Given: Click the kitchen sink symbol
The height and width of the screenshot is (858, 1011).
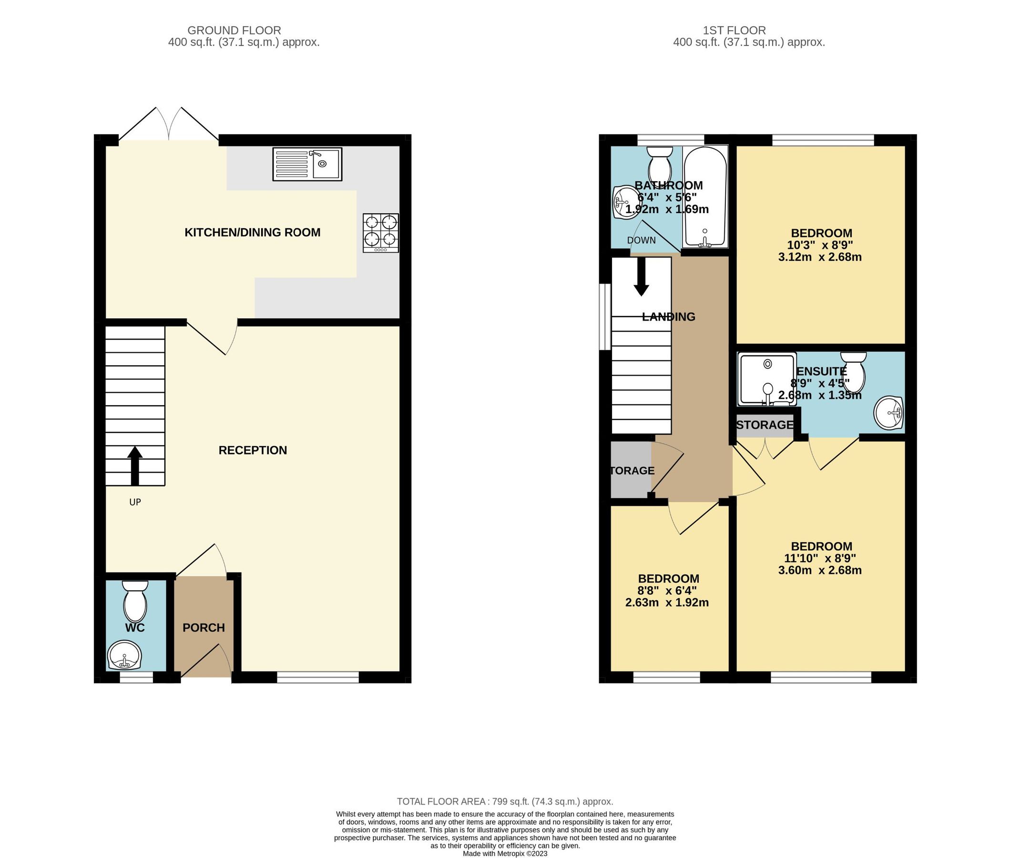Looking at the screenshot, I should coord(307,164).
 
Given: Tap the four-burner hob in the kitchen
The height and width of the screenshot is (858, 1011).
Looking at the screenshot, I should coord(381,233).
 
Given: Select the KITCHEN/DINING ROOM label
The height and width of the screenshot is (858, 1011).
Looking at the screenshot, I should coord(252,233).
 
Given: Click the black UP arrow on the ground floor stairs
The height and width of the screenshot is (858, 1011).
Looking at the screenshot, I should coord(135,466).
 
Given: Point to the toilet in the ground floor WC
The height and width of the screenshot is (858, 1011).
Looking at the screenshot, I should coord(135,601).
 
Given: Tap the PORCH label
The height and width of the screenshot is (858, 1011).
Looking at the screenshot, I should coord(203,627).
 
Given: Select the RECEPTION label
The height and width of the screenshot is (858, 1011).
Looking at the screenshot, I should coord(252,450).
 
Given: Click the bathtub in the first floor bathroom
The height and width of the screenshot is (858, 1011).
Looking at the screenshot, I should coord(705,197).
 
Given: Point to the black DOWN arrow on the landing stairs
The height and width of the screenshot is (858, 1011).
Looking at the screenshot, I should coord(641,276).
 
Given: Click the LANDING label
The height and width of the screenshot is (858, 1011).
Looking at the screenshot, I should coord(668,317).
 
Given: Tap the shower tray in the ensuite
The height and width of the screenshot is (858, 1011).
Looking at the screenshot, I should coord(766,379).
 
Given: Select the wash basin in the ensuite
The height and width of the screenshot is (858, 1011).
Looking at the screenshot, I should coord(888,412).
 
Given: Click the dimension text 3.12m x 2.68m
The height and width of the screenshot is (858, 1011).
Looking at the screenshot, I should coord(819,257).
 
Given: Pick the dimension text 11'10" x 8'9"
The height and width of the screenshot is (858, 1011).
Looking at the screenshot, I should coord(820,558).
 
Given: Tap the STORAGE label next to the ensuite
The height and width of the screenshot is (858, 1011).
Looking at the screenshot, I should coord(765,425).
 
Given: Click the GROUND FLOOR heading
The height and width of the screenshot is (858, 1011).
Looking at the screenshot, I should coord(234,30).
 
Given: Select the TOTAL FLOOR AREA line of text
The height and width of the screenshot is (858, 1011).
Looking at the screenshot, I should coord(504,801).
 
